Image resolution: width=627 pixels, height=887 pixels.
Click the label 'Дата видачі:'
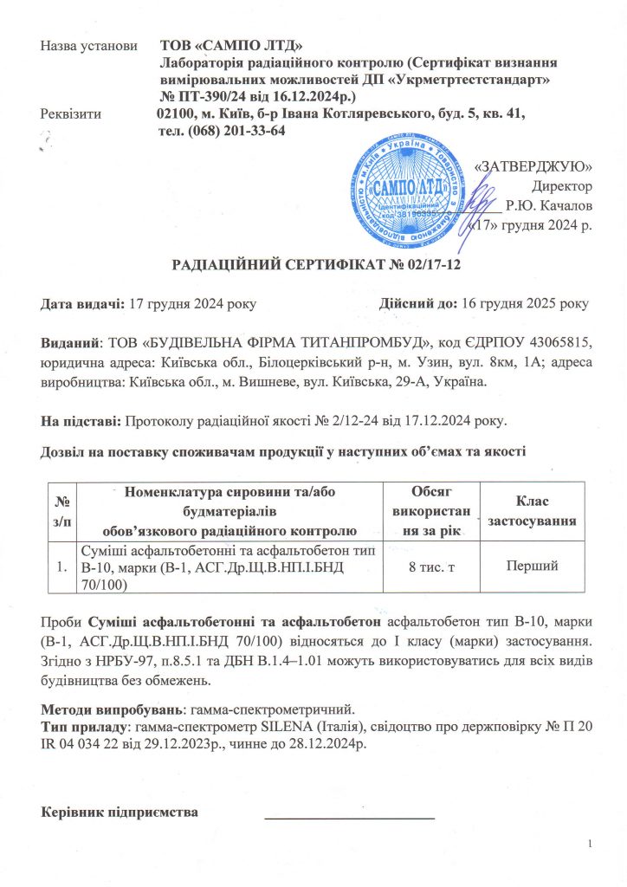[84, 304]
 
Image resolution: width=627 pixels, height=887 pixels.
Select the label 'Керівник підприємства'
[121, 813]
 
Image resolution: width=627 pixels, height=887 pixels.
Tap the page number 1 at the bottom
[589, 845]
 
